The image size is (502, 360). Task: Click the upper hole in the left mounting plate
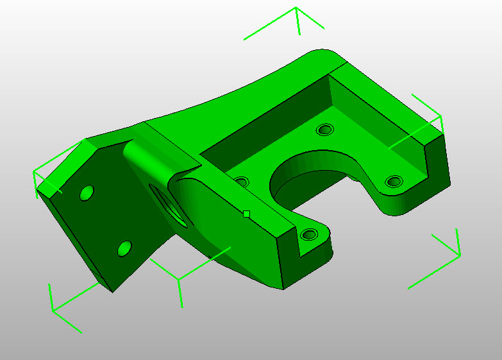86,193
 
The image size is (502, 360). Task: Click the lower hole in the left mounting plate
125,248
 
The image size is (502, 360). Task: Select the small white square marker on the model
246,214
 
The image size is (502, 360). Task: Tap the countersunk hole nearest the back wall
326,130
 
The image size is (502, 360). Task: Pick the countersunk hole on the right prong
394,182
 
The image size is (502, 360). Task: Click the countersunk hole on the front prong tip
309,234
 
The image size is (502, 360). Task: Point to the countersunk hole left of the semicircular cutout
241,182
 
